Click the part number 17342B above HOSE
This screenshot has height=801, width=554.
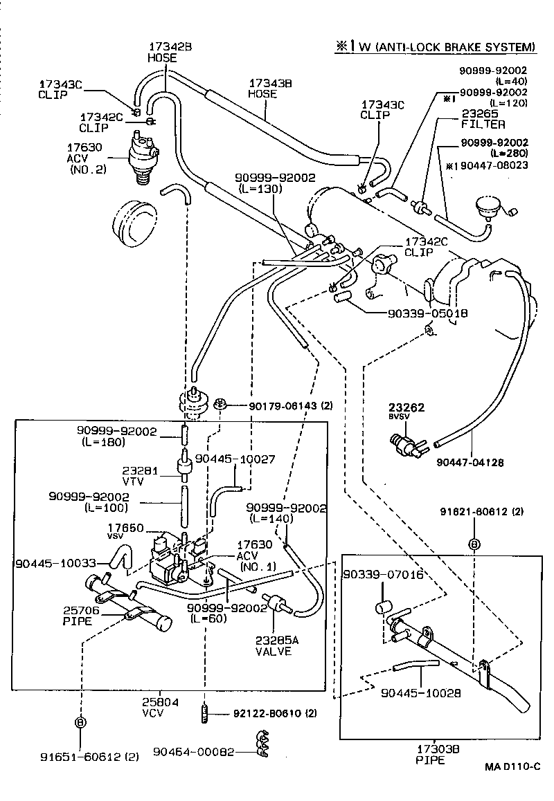pyautogui.click(x=169, y=47)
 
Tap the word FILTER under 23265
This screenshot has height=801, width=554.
pyautogui.click(x=483, y=125)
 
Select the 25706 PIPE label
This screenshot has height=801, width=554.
pyautogui.click(x=82, y=616)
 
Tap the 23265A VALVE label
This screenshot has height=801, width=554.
pyautogui.click(x=276, y=645)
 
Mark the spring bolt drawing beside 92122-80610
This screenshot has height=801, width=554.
pyautogui.click(x=205, y=712)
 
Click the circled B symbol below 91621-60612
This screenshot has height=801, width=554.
pyautogui.click(x=474, y=544)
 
